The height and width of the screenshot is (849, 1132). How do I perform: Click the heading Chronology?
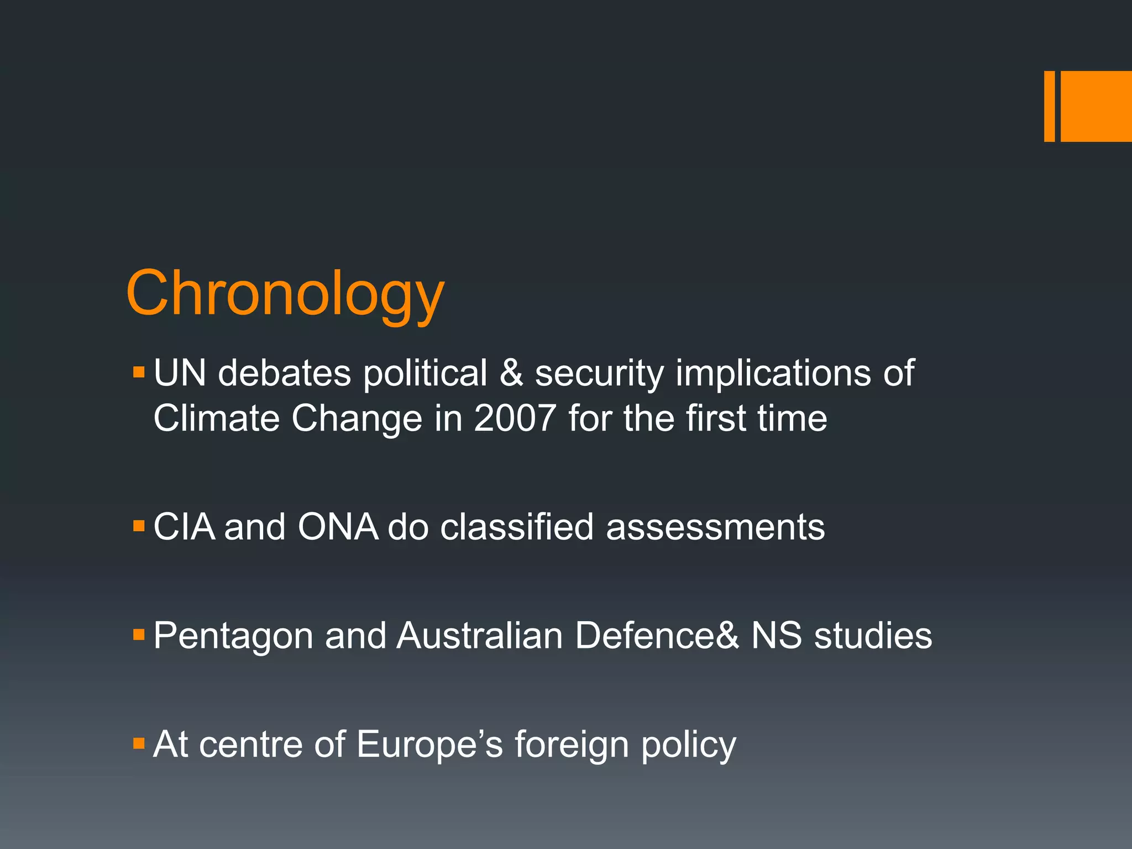285,294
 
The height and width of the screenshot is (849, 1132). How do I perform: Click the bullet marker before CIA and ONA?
139,525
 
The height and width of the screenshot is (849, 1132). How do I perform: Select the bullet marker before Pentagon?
139,633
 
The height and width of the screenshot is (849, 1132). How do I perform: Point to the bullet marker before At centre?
139,742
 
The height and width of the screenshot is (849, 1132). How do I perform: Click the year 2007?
515,418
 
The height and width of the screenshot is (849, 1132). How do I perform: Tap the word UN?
180,373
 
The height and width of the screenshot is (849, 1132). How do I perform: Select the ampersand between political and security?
511,373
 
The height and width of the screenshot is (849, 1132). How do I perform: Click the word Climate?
216,418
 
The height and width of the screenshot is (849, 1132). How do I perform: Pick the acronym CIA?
184,527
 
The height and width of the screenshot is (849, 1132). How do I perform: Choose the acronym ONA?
337,527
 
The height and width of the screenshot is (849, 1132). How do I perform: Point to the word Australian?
479,635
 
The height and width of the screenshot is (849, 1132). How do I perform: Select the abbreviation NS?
776,635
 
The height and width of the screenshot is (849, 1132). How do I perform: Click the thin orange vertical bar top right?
1049,106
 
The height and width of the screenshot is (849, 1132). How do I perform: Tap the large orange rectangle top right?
1096,106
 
